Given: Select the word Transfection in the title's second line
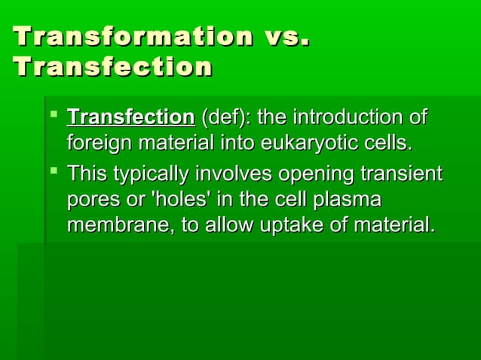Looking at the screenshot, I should (x=112, y=67).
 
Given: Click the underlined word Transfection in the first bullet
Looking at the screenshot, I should (x=130, y=118).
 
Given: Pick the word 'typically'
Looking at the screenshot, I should (x=153, y=175).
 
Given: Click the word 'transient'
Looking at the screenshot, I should (x=401, y=175).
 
